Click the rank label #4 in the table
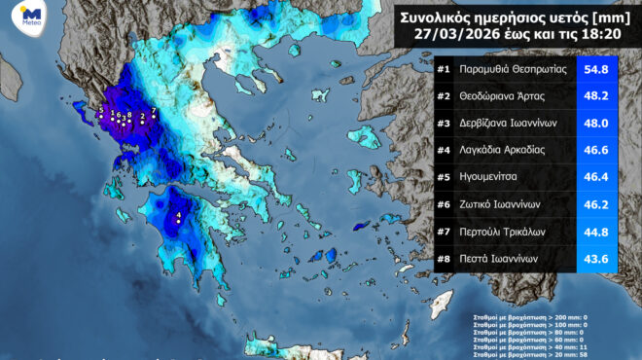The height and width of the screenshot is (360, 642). [444, 151]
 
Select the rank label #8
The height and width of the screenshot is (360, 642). [444, 258]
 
